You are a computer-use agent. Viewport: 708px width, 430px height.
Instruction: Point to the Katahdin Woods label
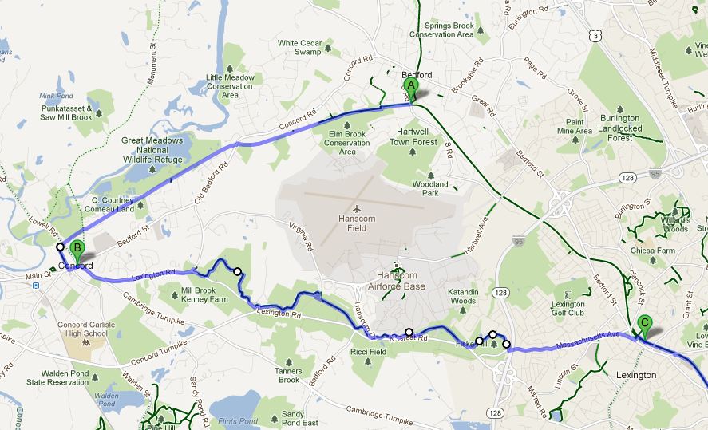coord(462,296)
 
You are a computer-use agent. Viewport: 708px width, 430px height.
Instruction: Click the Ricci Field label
coord(369,352)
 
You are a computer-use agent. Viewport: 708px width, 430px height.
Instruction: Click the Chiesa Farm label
coord(654,251)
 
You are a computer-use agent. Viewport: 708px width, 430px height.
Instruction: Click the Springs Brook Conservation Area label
coord(442,30)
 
